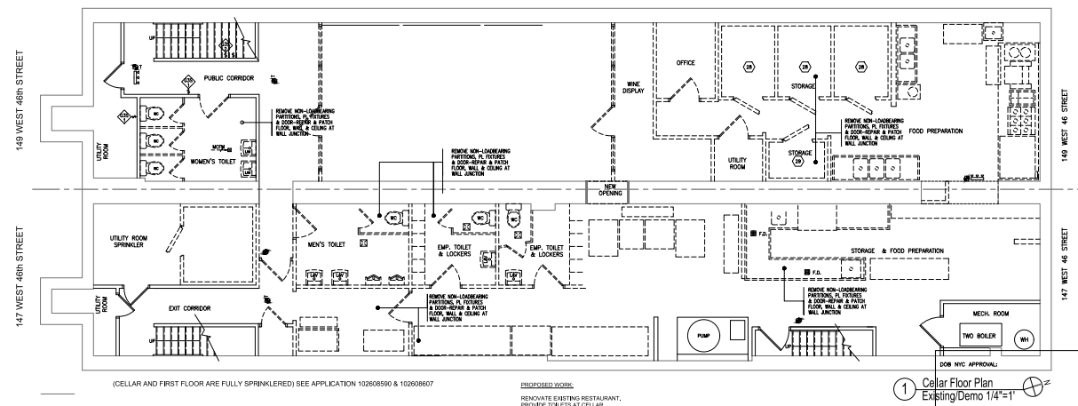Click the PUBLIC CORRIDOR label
pyautogui.click(x=229, y=78)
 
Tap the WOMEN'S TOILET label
pyautogui.click(x=215, y=163)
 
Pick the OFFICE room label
pyautogui.click(x=685, y=63)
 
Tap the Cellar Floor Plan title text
pyautogui.click(x=959, y=381)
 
